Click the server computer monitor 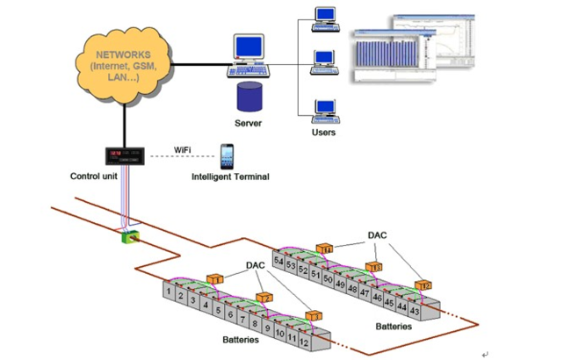(249, 49)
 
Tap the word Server (249, 122)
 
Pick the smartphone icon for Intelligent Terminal (228, 156)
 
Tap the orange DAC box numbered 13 (373, 268)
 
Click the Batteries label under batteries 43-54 (394, 328)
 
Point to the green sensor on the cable (130, 235)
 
